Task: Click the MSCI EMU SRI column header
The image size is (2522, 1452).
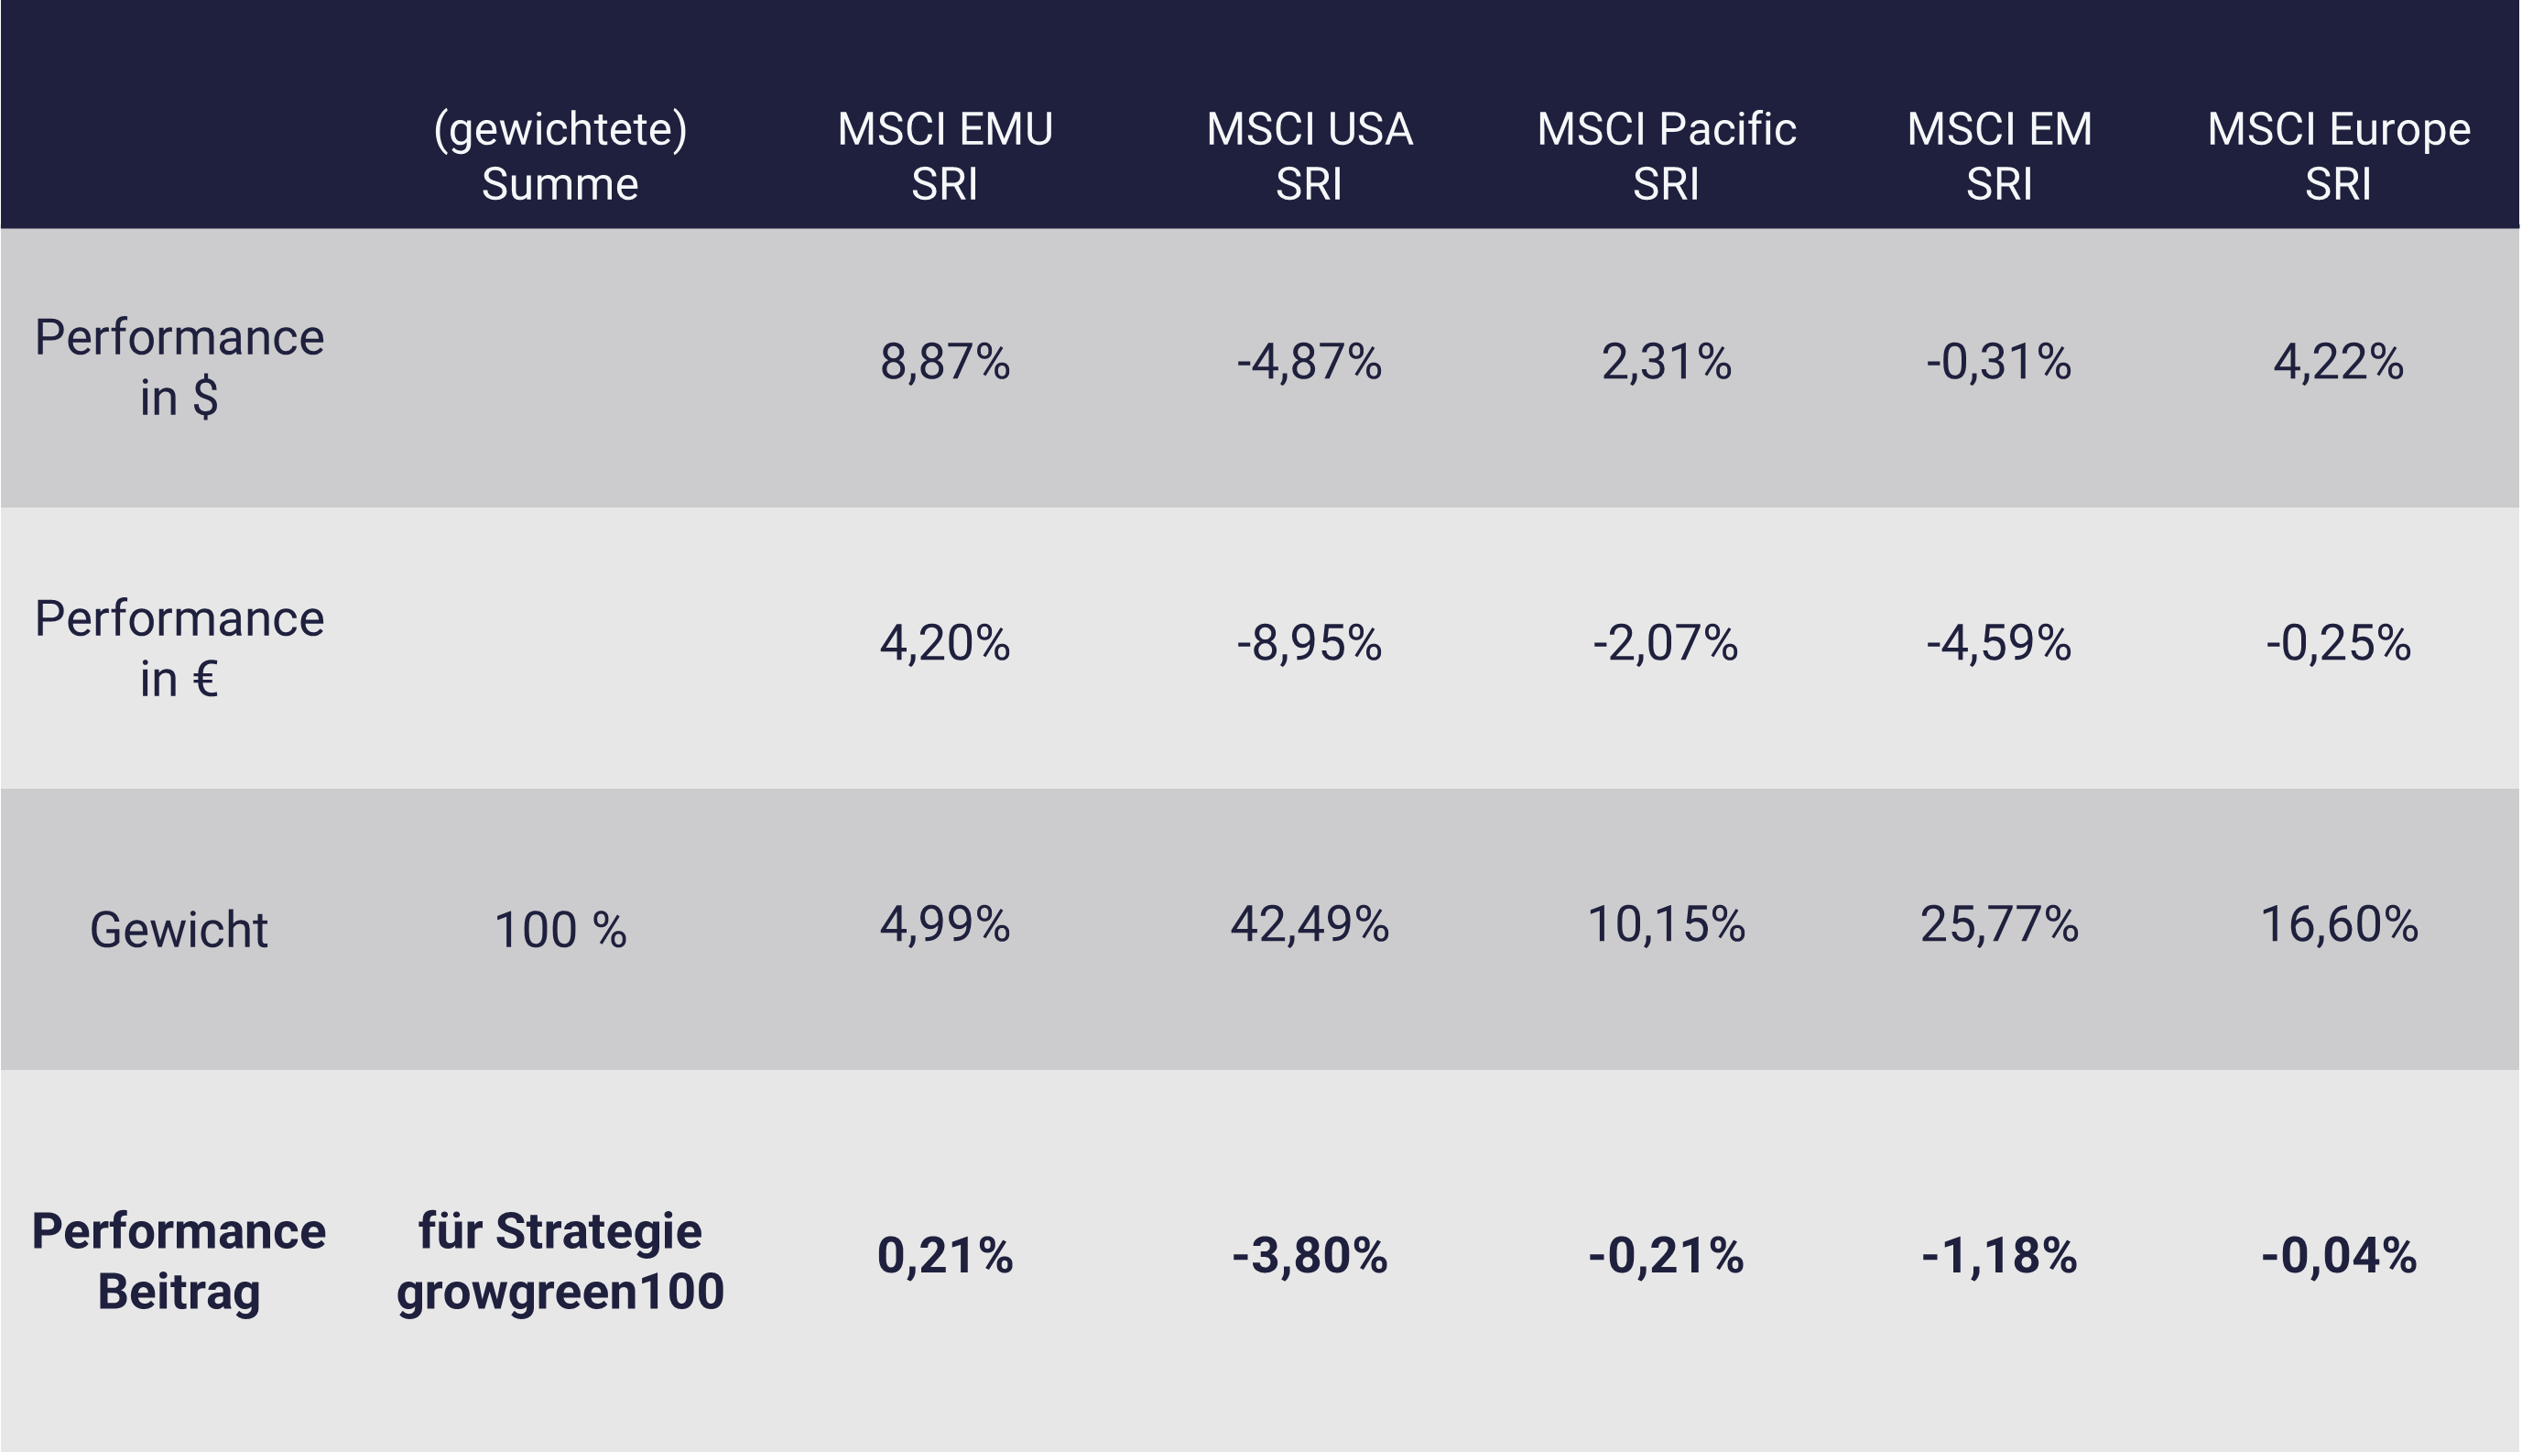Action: (x=944, y=156)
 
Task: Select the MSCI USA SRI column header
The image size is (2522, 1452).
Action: (x=1309, y=156)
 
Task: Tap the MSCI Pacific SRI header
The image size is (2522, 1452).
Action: (x=1666, y=156)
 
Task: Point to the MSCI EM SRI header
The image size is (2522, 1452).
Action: (x=1999, y=156)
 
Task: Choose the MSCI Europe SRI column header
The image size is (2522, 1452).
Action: (x=2338, y=156)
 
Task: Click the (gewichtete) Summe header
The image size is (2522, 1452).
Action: (x=560, y=156)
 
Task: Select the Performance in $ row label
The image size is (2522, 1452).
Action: (x=179, y=366)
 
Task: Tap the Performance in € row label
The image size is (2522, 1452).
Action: (x=179, y=648)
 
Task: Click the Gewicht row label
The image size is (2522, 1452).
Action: (x=179, y=930)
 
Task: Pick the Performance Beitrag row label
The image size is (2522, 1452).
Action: (x=179, y=1261)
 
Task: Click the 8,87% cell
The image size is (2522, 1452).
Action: (x=944, y=361)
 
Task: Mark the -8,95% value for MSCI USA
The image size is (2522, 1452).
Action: (x=1309, y=642)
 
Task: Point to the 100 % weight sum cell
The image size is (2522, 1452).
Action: (x=560, y=930)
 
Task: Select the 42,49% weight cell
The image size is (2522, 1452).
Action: (x=1309, y=923)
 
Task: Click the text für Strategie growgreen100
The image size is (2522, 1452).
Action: (x=560, y=1261)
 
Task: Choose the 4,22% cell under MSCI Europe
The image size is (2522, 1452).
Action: (x=2338, y=361)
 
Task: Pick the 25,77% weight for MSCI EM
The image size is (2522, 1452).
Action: (x=1999, y=923)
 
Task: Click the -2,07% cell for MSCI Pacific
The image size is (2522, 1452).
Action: (x=1666, y=642)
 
